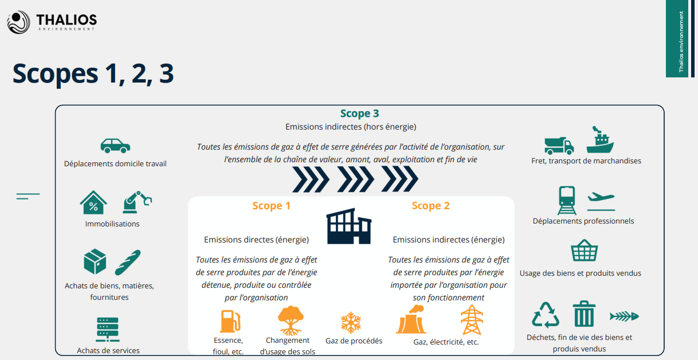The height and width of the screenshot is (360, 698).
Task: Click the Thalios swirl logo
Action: click(18, 22)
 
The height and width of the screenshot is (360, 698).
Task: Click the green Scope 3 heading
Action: click(359, 114)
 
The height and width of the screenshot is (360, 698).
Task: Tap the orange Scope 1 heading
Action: click(271, 206)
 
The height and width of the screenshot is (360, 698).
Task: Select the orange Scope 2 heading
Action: click(430, 206)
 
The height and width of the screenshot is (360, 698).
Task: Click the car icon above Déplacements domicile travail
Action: click(115, 146)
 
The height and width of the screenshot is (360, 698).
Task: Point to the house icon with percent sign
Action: click(93, 203)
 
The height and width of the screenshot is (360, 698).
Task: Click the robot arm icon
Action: click(137, 202)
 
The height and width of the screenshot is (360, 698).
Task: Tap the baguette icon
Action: click(127, 263)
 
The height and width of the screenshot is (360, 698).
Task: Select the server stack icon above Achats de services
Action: click(107, 330)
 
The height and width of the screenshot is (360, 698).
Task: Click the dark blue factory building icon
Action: click(349, 226)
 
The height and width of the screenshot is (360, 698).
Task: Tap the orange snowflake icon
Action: click(350, 323)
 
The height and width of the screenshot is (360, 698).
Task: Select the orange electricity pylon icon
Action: click(472, 320)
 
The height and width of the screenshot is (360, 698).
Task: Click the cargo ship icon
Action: click(599, 140)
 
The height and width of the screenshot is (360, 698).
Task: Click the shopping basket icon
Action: click(584, 251)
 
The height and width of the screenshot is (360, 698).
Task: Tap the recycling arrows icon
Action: click(545, 315)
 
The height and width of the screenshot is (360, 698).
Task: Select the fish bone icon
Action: click(624, 316)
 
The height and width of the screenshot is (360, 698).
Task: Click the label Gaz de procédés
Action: click(354, 341)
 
